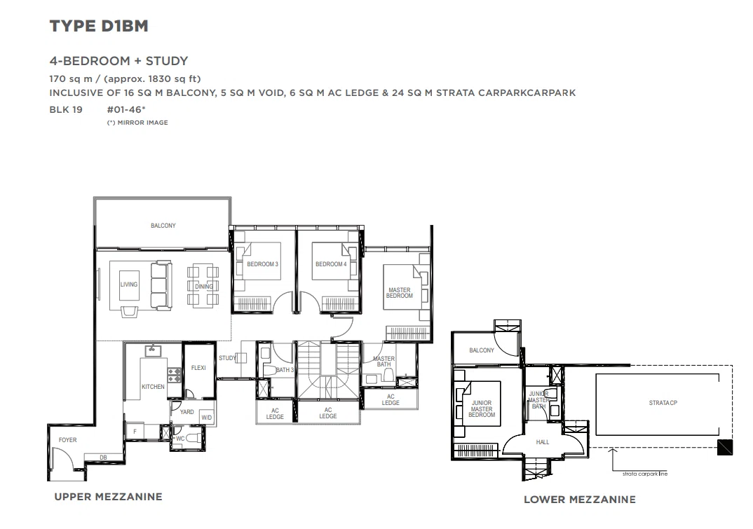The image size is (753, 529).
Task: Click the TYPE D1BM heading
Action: pos(99,26)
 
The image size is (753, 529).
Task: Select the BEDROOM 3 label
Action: pos(263,264)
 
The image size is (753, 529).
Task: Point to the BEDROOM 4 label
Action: pos(331,264)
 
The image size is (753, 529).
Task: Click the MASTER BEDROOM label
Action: pos(400,293)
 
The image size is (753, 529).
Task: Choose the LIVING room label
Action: pos(129,284)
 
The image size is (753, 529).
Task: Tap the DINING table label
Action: pos(203,287)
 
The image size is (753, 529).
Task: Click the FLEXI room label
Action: pos(198,368)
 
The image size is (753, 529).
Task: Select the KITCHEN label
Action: pos(153,387)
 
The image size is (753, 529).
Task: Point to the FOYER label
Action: pos(68,440)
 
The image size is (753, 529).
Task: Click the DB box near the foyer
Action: pos(103,458)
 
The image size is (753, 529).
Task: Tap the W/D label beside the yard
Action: pos(207,418)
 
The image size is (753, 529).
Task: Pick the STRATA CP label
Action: pos(663,403)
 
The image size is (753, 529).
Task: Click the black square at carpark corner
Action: pos(725,448)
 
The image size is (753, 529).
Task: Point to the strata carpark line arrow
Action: pos(612,460)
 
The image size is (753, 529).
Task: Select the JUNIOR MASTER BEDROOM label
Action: pos(482,409)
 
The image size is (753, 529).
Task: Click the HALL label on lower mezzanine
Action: pos(543,442)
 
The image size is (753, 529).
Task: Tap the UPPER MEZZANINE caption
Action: pos(109,497)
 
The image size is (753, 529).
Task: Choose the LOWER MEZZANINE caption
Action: pos(580,500)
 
